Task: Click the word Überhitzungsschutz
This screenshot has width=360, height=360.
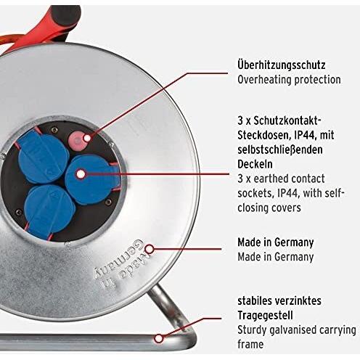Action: pyautogui.click(x=282, y=65)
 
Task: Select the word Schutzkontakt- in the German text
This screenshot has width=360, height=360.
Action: pyautogui.click(x=287, y=120)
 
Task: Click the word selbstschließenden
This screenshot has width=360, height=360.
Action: pyautogui.click(x=280, y=150)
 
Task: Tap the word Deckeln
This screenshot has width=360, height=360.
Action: pyautogui.click(x=255, y=164)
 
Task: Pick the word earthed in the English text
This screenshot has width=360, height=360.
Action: pyautogui.click(x=268, y=179)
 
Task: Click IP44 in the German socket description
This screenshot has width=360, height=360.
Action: pyautogui.click(x=305, y=135)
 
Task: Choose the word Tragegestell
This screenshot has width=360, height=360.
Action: pyautogui.click(x=265, y=316)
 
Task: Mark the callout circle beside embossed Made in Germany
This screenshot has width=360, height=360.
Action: pyautogui.click(x=150, y=249)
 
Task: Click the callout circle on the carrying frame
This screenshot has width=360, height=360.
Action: pyautogui.click(x=159, y=338)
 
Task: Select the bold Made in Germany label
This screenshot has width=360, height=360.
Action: pyautogui.click(x=276, y=242)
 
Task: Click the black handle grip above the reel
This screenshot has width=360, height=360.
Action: pyautogui.click(x=65, y=17)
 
